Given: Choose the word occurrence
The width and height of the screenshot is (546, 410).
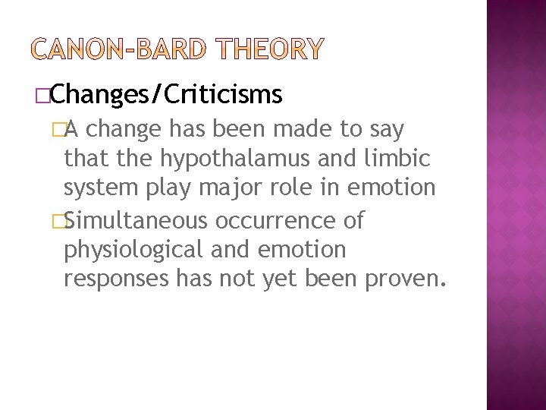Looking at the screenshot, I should (x=274, y=221).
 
